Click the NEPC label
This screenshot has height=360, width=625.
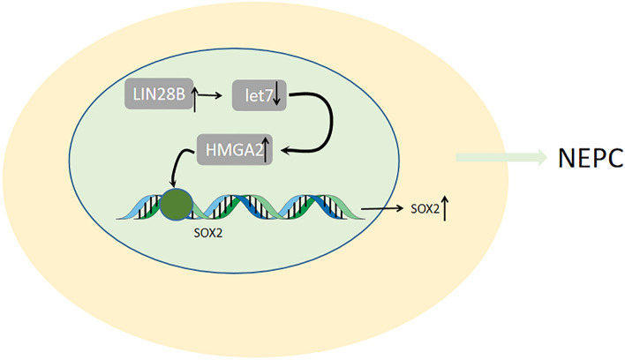click(590, 159)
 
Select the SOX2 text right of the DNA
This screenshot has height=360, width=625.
click(423, 210)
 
